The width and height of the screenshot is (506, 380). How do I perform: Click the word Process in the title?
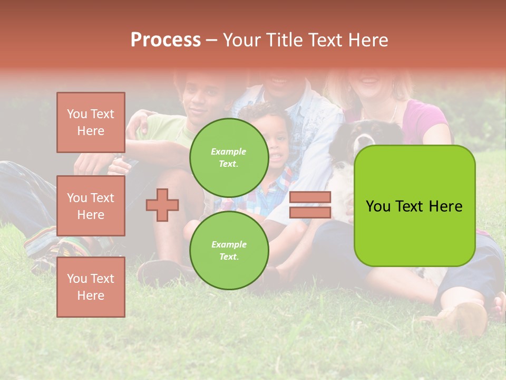(166, 40)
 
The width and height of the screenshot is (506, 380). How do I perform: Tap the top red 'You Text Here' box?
(91, 122)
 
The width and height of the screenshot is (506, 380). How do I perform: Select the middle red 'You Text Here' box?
(91, 206)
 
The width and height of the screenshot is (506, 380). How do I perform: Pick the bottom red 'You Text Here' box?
(91, 287)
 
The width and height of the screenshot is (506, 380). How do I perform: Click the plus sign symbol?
(162, 205)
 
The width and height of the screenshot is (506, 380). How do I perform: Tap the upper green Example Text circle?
(229, 157)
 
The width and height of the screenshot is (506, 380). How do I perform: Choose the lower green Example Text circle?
(229, 250)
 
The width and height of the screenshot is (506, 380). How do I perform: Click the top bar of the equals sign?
(310, 197)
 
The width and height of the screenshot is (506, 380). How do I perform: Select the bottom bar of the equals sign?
(310, 212)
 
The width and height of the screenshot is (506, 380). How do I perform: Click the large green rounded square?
(414, 206)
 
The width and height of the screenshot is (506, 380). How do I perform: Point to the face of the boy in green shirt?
(200, 103)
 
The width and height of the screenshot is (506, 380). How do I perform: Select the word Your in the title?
(240, 40)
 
